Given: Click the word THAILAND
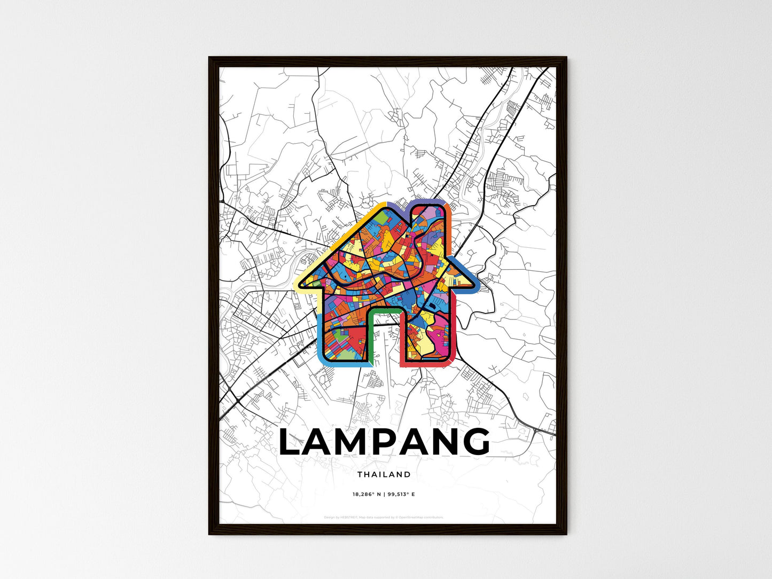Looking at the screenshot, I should pos(384,474).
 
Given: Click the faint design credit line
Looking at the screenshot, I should pos(384,517).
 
